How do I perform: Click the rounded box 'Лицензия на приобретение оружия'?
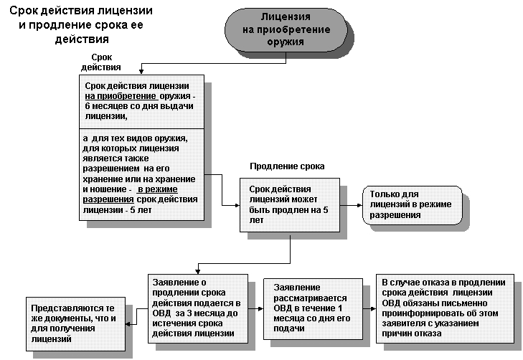tap(286, 29)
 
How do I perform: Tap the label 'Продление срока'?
tap(287, 166)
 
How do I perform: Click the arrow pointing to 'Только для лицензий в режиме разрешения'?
tap(351, 205)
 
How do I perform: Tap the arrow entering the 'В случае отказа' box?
tap(367, 308)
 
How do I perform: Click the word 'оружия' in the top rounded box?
tap(285, 42)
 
